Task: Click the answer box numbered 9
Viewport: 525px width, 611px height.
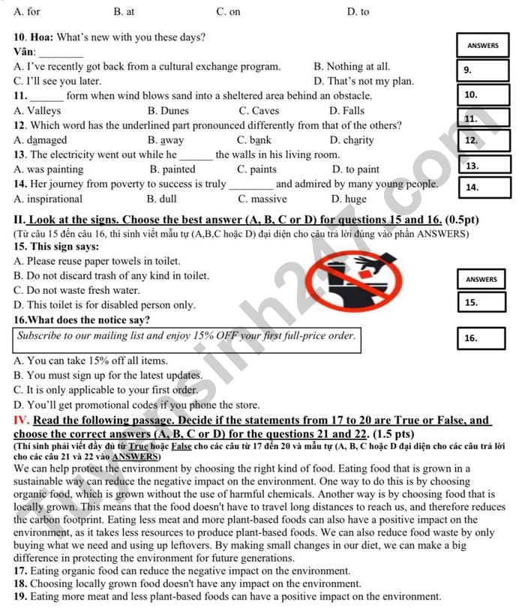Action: tap(483, 70)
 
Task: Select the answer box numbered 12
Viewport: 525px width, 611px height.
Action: tap(483, 139)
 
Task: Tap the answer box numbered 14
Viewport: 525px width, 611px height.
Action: tap(483, 187)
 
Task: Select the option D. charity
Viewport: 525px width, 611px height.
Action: tap(352, 140)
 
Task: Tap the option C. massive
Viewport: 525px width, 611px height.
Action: tap(262, 199)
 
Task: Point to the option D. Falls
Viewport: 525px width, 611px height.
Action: tap(346, 111)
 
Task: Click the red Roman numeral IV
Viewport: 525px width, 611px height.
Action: tap(21, 421)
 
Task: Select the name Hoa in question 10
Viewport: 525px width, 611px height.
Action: tap(41, 37)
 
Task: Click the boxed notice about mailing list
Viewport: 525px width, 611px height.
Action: tap(186, 337)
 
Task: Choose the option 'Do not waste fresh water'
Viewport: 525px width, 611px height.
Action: tap(76, 291)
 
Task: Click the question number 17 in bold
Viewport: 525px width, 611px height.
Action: tap(21, 571)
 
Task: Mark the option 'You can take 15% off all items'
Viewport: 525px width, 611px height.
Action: tap(91, 361)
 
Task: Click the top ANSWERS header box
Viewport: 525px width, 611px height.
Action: tap(482, 46)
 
